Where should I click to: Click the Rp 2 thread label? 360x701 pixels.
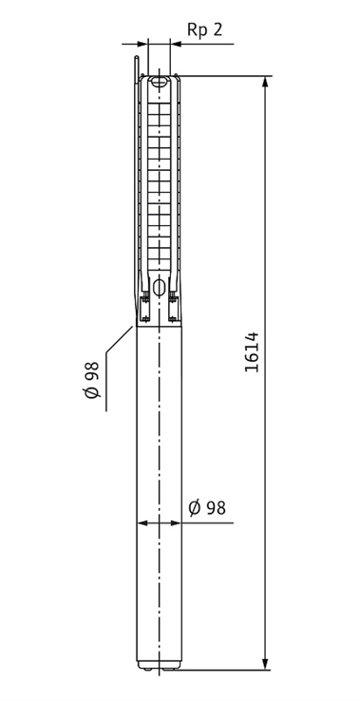204,29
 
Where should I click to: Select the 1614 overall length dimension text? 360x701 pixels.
253,351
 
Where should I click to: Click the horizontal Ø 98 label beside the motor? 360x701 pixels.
207,508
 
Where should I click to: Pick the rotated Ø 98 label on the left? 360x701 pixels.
92,380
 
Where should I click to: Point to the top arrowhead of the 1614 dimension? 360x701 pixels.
266,83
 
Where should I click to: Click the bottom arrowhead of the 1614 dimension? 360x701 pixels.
266,663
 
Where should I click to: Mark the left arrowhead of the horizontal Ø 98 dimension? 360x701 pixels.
143,523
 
